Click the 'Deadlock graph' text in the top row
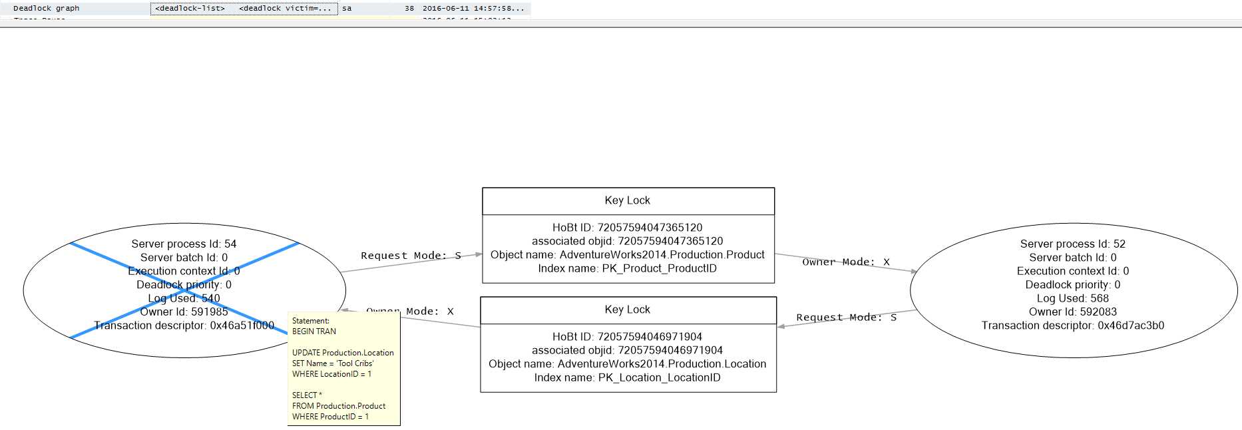pos(46,9)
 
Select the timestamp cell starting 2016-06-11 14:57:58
pos(473,9)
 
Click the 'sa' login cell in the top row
pos(347,9)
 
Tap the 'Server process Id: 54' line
pos(184,244)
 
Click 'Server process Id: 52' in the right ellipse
pos(1072,244)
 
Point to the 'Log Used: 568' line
pos(1072,298)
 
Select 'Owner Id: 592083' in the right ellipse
pos(1072,312)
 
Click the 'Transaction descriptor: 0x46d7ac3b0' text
pos(1072,325)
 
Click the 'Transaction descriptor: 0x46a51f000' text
pos(184,325)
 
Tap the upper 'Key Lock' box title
pos(627,200)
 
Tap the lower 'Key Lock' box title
pos(627,310)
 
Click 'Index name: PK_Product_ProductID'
pos(627,268)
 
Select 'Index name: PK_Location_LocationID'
pos(627,377)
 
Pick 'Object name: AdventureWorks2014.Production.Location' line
pos(627,364)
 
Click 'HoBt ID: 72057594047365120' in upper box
pos(627,228)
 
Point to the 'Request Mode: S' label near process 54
pos(411,256)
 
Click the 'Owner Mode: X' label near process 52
pos(845,262)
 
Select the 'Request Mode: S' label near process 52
pos(846,318)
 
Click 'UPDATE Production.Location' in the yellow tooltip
pos(343,353)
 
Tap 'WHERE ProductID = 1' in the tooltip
pos(330,417)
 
